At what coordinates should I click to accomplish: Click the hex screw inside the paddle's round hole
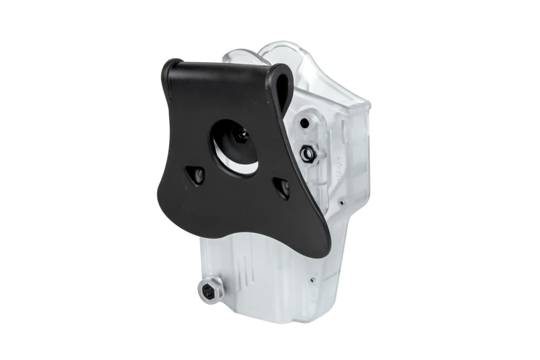point(240,135)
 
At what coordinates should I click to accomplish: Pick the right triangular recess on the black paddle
point(282,187)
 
